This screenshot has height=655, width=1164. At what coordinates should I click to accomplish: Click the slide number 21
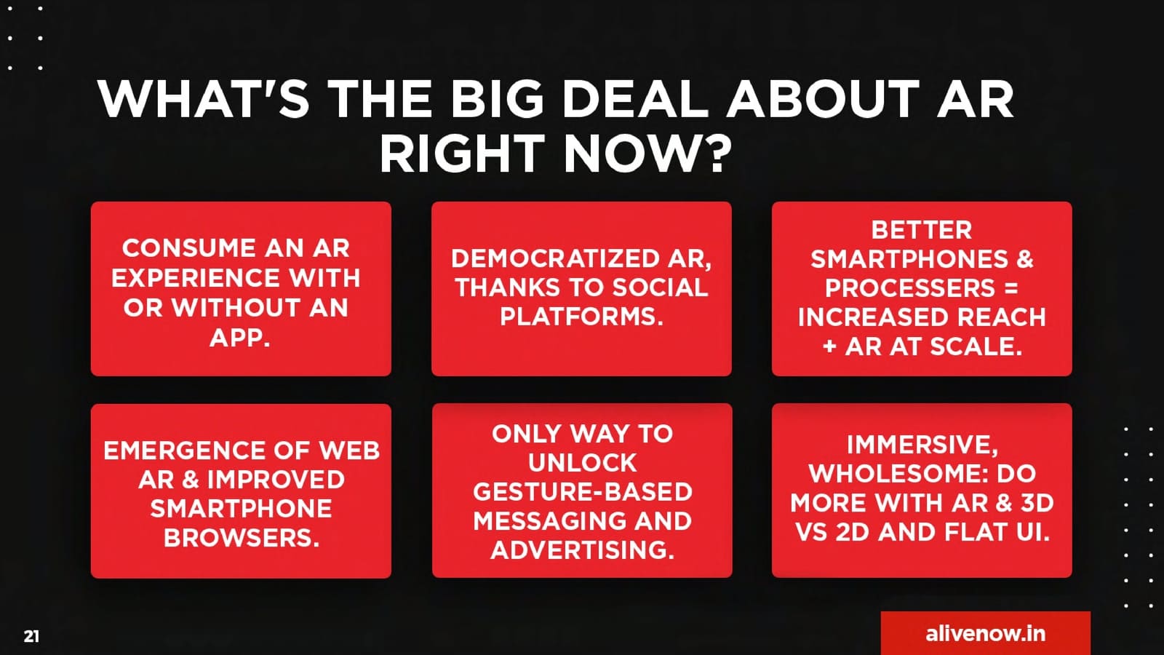click(31, 636)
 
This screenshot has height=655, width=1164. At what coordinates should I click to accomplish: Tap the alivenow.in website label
click(985, 633)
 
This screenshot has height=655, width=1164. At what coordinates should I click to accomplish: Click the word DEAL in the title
click(635, 98)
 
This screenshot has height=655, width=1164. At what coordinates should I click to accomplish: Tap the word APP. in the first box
click(240, 338)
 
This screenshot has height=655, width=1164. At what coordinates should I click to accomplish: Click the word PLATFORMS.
click(581, 316)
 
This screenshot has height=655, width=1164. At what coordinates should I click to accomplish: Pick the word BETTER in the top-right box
click(921, 230)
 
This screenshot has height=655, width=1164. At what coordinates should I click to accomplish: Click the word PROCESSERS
click(910, 288)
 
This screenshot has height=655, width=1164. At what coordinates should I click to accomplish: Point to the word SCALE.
click(978, 346)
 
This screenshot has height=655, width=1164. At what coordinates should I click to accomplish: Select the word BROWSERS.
click(242, 538)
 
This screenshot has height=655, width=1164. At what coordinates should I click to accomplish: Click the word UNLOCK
click(583, 463)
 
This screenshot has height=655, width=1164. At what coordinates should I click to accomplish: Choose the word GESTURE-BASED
click(583, 492)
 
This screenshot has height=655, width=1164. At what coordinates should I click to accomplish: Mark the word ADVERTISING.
click(583, 550)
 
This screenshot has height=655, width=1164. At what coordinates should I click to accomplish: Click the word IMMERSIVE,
click(922, 445)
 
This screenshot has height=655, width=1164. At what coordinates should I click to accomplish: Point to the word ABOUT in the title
click(823, 98)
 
